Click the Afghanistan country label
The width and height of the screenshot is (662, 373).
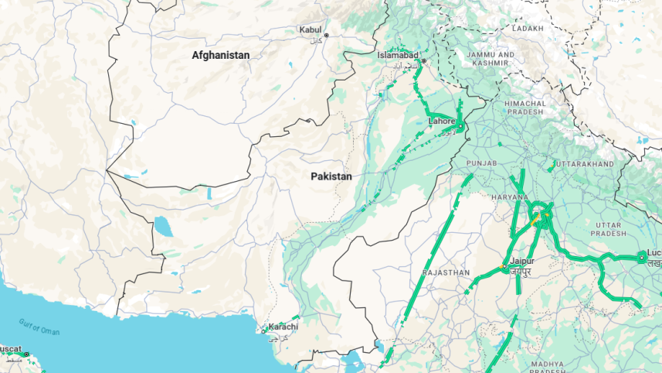point(221,56)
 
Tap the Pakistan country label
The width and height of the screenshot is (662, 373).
point(331,176)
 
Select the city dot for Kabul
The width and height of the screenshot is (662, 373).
point(326,36)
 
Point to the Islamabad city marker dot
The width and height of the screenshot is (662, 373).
point(423,61)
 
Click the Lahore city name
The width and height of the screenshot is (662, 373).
point(442,121)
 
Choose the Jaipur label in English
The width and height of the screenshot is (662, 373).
point(521,262)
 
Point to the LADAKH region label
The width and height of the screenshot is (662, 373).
point(528,28)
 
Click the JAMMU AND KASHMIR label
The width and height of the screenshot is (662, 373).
point(491,60)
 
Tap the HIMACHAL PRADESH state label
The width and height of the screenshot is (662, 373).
point(525,108)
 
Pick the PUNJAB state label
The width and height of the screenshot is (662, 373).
point(482,163)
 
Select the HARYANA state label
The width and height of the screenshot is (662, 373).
point(509,197)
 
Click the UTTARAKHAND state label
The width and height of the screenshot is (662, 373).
point(585,164)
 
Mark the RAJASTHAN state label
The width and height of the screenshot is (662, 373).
point(446,273)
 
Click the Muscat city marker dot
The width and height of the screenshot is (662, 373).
point(25,354)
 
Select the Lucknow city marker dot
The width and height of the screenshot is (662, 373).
point(641,257)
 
